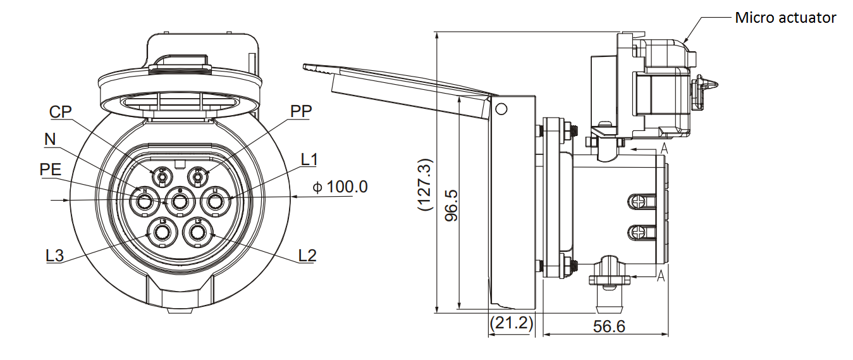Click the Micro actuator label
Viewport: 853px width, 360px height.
[x=785, y=18]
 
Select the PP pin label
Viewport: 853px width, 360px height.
[x=300, y=112]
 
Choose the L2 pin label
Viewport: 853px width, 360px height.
[x=307, y=256]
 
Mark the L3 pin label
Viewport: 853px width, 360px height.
[x=54, y=256]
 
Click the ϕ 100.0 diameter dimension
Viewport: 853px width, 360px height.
[x=340, y=187]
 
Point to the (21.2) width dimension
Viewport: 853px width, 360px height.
[x=511, y=323]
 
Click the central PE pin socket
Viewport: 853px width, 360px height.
[x=180, y=202]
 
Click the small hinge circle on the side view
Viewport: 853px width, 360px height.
[x=501, y=109]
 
